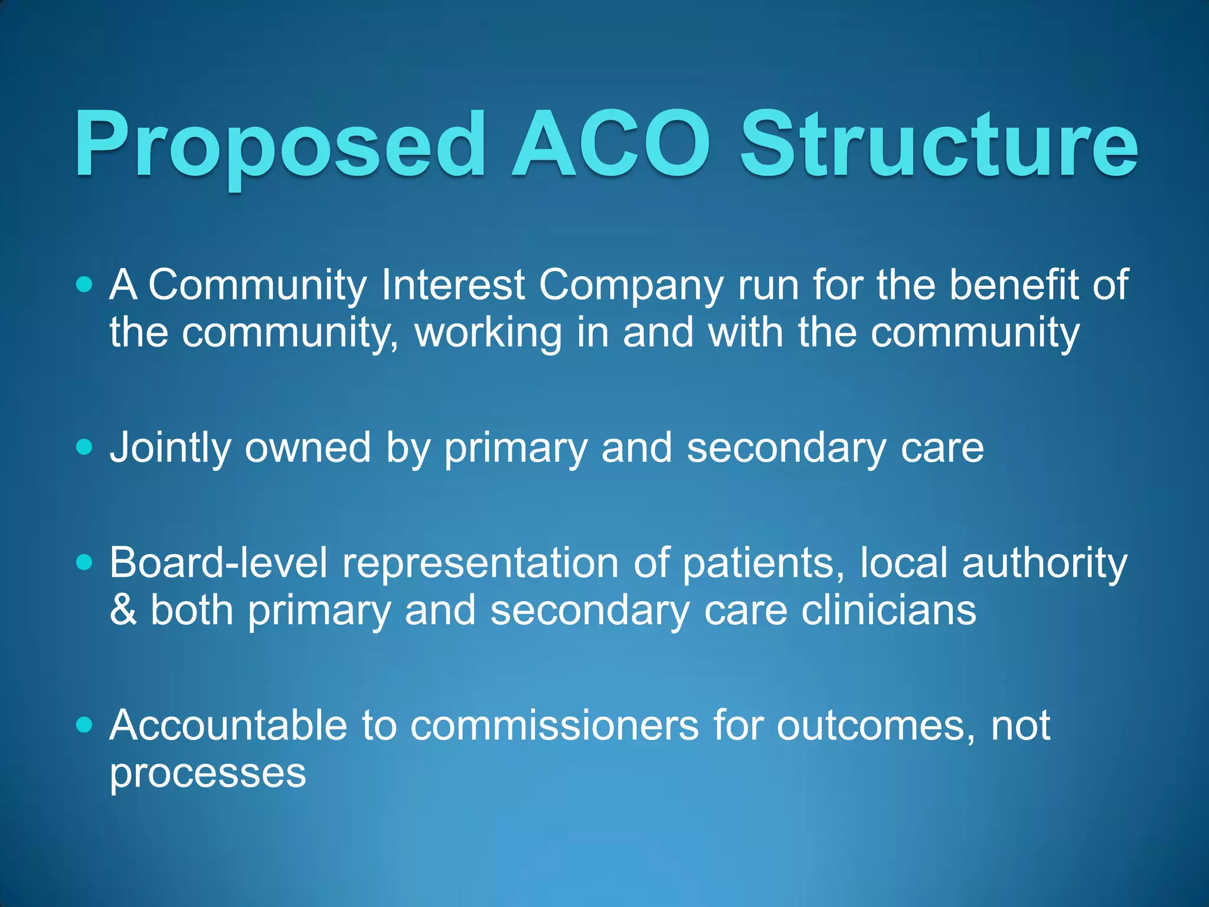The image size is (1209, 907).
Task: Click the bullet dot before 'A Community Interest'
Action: click(85, 285)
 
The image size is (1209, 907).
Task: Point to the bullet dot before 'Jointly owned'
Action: click(85, 447)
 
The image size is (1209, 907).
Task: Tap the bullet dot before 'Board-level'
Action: click(85, 562)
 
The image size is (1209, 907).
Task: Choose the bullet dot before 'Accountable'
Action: click(85, 725)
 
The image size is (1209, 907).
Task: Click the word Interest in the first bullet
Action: click(453, 285)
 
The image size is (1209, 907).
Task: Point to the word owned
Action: click(308, 447)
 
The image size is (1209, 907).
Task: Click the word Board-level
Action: click(218, 562)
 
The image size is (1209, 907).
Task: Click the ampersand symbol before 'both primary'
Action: click(123, 610)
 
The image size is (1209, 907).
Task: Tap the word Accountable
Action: click(228, 725)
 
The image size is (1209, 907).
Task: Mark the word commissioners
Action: click(554, 725)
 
